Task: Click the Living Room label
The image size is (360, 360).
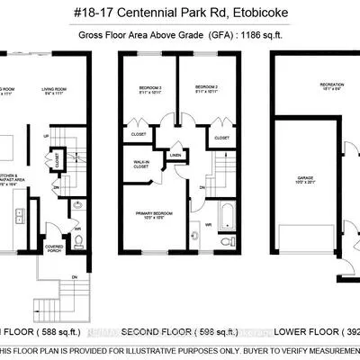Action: [x=57, y=91]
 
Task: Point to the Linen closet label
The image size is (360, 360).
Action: [x=175, y=155]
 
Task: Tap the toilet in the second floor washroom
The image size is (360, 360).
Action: [x=222, y=242]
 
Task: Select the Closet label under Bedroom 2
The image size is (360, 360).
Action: [x=221, y=139]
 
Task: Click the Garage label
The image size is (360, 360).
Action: [x=307, y=181]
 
